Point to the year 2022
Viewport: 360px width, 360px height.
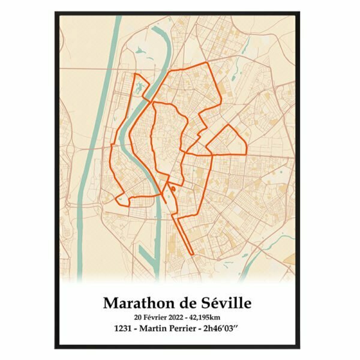(184, 316)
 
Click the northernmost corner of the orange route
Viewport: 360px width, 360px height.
(207, 62)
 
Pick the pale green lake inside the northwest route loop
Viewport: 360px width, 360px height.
(140, 88)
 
